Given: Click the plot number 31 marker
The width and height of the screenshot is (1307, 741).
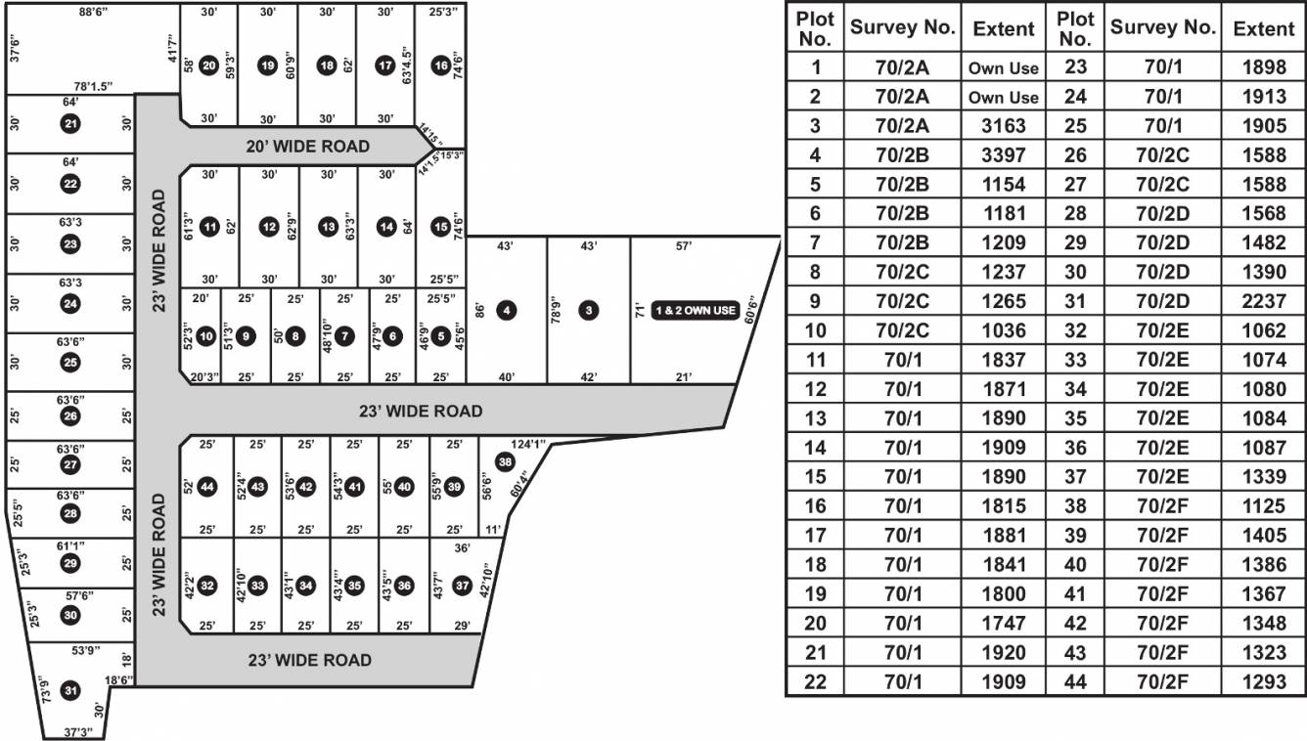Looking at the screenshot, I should click(x=70, y=690).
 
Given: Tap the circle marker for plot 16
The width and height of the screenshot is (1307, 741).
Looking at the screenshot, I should click(x=441, y=65).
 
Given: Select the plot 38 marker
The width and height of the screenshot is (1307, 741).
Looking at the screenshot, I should click(x=505, y=461).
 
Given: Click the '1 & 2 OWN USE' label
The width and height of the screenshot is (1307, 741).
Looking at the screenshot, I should click(x=695, y=311).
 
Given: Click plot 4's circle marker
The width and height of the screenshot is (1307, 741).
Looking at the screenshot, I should click(x=506, y=311).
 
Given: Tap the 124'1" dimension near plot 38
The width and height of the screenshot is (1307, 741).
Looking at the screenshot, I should click(x=527, y=445).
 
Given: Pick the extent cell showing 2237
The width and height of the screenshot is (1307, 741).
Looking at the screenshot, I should click(x=1263, y=301).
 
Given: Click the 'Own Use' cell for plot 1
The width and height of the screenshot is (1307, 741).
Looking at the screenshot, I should click(x=1003, y=68).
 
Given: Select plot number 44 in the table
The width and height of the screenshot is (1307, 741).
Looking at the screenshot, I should click(x=1074, y=681).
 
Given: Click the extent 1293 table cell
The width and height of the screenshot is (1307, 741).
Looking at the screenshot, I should click(x=1263, y=681).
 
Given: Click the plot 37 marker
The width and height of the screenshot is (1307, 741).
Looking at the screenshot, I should click(x=464, y=585).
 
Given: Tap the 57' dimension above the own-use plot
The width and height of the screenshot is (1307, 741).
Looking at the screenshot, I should click(x=684, y=246).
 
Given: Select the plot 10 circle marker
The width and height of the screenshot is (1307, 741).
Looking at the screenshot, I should click(x=206, y=335).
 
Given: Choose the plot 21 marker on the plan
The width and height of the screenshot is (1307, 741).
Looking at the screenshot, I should click(x=69, y=123).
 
